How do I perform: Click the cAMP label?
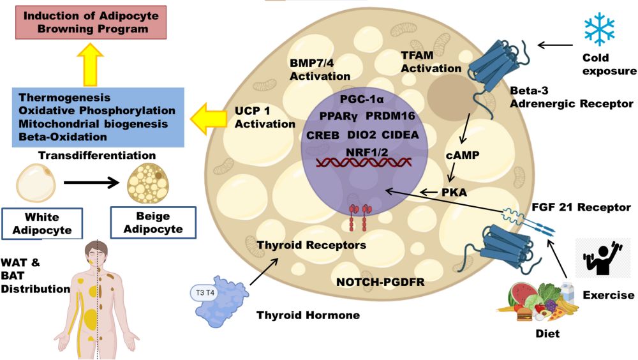(462, 155)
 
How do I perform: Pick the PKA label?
(455, 191)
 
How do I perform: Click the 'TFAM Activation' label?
(431, 62)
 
